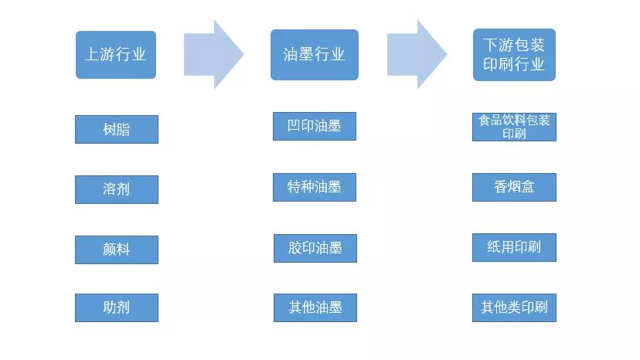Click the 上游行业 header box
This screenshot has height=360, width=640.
(116, 55)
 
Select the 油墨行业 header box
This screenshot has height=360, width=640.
(314, 55)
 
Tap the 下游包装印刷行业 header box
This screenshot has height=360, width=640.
(514, 55)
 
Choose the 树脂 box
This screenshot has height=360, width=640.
(116, 129)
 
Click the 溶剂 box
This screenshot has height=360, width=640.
(116, 189)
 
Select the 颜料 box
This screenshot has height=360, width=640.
(116, 250)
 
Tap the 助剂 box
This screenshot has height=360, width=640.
(116, 307)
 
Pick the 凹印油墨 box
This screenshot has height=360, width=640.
(314, 126)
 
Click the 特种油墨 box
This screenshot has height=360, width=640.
(314, 187)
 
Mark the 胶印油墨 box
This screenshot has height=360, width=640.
(314, 248)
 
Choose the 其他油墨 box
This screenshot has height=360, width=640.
(314, 307)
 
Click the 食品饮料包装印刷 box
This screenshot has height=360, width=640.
(514, 127)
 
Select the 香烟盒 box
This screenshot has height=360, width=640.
(514, 187)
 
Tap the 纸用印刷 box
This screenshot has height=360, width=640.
(514, 247)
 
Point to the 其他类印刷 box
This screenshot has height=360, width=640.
(514, 307)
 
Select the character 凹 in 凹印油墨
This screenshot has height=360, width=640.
(294, 126)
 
